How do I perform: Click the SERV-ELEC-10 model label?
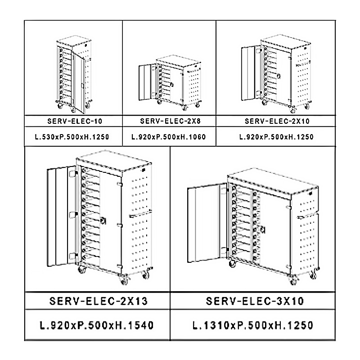click(75, 121)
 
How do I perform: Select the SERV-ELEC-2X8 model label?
click(171, 121)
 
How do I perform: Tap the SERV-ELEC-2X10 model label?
click(277, 121)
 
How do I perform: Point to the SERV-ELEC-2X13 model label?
click(99, 301)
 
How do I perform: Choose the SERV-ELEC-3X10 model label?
click(255, 301)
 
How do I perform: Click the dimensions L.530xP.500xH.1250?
click(72, 137)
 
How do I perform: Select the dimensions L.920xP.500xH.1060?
click(168, 137)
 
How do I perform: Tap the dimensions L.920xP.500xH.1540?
click(97, 325)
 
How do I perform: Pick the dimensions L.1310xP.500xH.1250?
click(253, 325)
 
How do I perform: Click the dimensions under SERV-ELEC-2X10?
click(276, 137)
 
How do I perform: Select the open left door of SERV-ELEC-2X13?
click(62, 216)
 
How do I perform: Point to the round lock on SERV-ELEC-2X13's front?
click(103, 220)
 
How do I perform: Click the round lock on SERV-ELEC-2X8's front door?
click(171, 85)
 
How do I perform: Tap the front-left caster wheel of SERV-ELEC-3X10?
click(232, 264)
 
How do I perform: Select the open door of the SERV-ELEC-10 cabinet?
click(78, 83)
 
